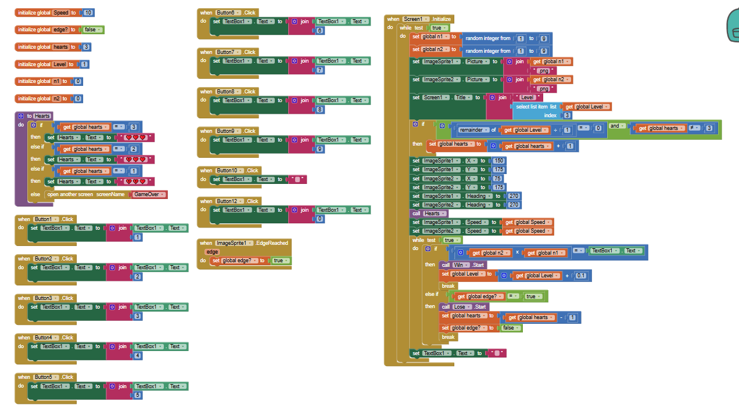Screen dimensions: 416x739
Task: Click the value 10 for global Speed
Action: click(88, 12)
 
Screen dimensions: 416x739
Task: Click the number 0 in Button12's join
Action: click(320, 219)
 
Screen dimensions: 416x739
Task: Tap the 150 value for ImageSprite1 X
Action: click(498, 161)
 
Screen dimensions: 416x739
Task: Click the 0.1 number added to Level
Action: click(581, 276)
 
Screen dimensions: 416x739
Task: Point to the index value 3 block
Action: click(567, 115)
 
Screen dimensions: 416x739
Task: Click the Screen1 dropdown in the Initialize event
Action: click(416, 19)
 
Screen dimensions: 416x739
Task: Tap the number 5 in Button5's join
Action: click(138, 396)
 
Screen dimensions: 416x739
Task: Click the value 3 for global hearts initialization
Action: click(87, 47)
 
